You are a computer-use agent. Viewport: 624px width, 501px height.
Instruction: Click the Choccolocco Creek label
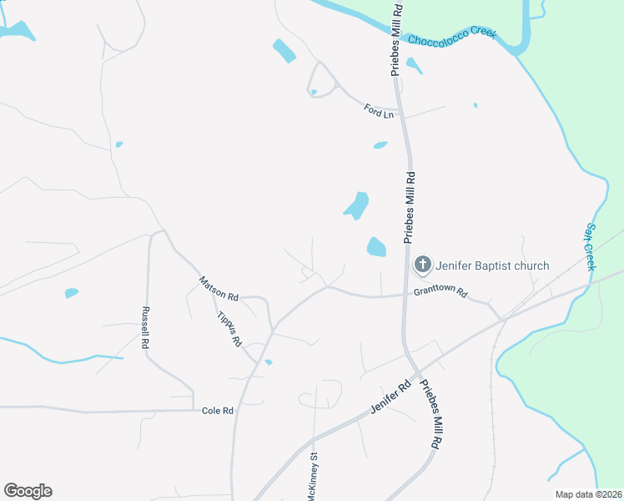[451, 36]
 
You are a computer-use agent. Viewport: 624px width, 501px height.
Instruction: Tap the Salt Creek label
[590, 246]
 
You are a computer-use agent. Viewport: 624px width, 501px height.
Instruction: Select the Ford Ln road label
[378, 110]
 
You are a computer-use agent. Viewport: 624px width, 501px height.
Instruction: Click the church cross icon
[422, 266]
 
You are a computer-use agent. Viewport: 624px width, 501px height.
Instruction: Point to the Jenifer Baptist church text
[492, 266]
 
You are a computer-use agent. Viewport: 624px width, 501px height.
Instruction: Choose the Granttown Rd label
[441, 294]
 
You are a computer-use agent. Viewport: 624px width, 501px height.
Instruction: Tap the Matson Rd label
[219, 291]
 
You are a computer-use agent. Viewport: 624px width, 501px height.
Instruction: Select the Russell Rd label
[145, 326]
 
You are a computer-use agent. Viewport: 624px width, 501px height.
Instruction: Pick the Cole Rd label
[218, 411]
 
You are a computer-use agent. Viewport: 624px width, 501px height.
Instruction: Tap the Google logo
[28, 491]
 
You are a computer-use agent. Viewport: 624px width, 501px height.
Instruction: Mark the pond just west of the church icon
[376, 247]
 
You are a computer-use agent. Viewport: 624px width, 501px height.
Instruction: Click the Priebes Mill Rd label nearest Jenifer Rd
[430, 416]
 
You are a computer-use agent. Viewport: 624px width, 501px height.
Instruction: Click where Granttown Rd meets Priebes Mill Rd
[405, 294]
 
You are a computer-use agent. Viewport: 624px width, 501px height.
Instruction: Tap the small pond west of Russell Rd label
[71, 293]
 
